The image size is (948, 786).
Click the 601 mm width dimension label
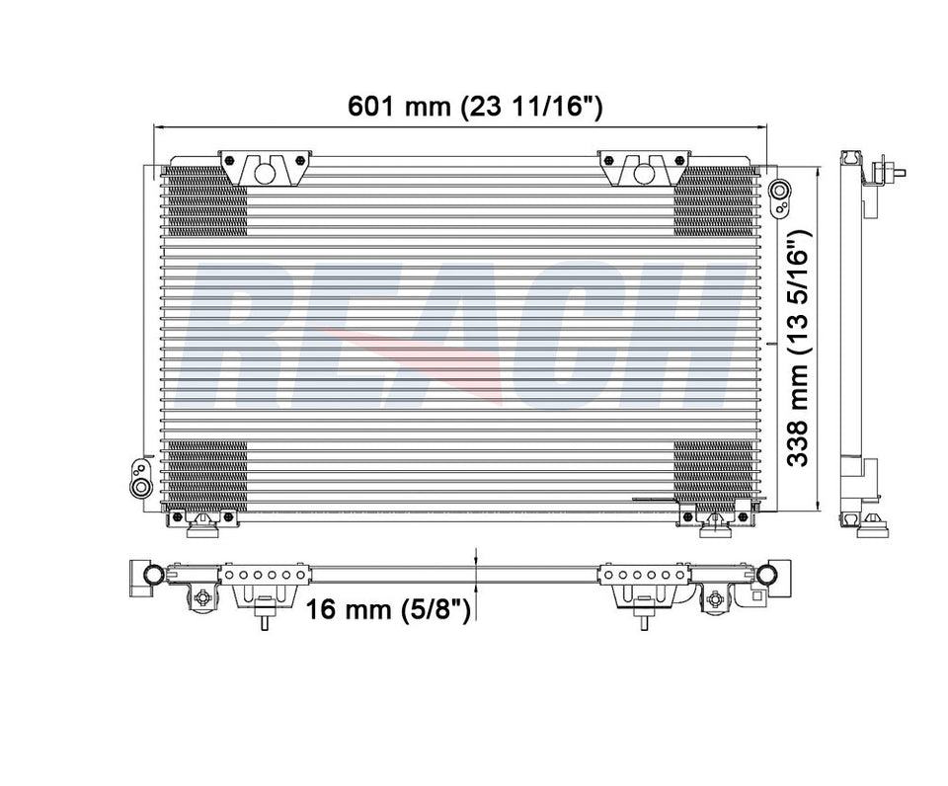coord(475,107)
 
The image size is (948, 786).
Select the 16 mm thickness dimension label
coord(388,608)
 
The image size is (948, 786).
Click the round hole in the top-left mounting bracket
coord(265,173)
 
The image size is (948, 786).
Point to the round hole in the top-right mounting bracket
coord(645,173)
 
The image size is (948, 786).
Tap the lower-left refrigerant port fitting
coord(141,477)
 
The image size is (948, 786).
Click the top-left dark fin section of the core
coord(206,200)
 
